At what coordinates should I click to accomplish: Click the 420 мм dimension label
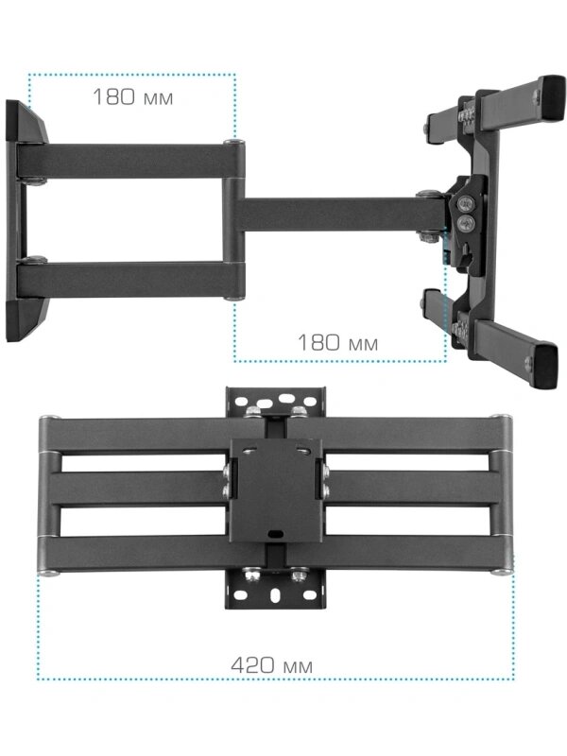click(272, 666)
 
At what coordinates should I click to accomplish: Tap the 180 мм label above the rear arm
click(132, 97)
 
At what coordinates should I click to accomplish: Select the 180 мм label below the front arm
click(337, 343)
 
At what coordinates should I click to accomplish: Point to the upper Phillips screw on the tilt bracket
click(466, 204)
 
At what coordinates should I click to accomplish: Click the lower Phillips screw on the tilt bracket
click(466, 223)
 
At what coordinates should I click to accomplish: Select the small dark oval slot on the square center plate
click(276, 534)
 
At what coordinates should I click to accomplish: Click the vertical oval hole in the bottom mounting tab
click(275, 595)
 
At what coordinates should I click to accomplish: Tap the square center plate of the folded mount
click(276, 490)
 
